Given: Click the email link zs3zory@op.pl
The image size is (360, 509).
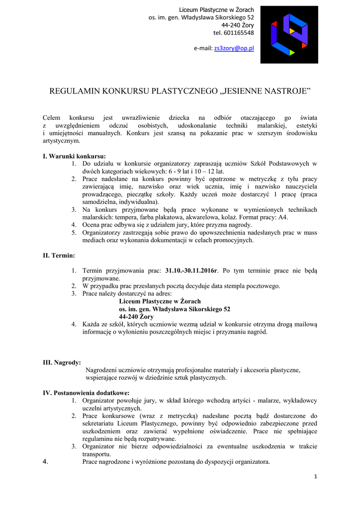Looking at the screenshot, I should coord(234,48).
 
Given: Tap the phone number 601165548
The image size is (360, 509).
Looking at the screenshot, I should coord(241,33).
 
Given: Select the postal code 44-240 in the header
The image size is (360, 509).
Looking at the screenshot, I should coord(230,25).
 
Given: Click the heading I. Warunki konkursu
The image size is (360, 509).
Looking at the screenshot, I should coord(74,156).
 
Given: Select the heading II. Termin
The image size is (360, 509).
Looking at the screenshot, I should coord(59,255).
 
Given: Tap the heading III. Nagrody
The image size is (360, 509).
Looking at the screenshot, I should coord(62,362).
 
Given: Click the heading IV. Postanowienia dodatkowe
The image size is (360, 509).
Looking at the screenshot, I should coord(86,393).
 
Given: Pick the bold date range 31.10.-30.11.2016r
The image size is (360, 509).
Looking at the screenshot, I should coord(191,271).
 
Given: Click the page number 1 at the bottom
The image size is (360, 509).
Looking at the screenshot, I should coord(315,477).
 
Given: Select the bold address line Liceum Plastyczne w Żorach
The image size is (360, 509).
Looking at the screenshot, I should coord(160,301).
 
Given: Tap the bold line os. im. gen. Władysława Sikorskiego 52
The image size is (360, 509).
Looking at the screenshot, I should coord(175,309).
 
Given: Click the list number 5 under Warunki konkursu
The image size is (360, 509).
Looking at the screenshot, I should coord(74,232).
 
